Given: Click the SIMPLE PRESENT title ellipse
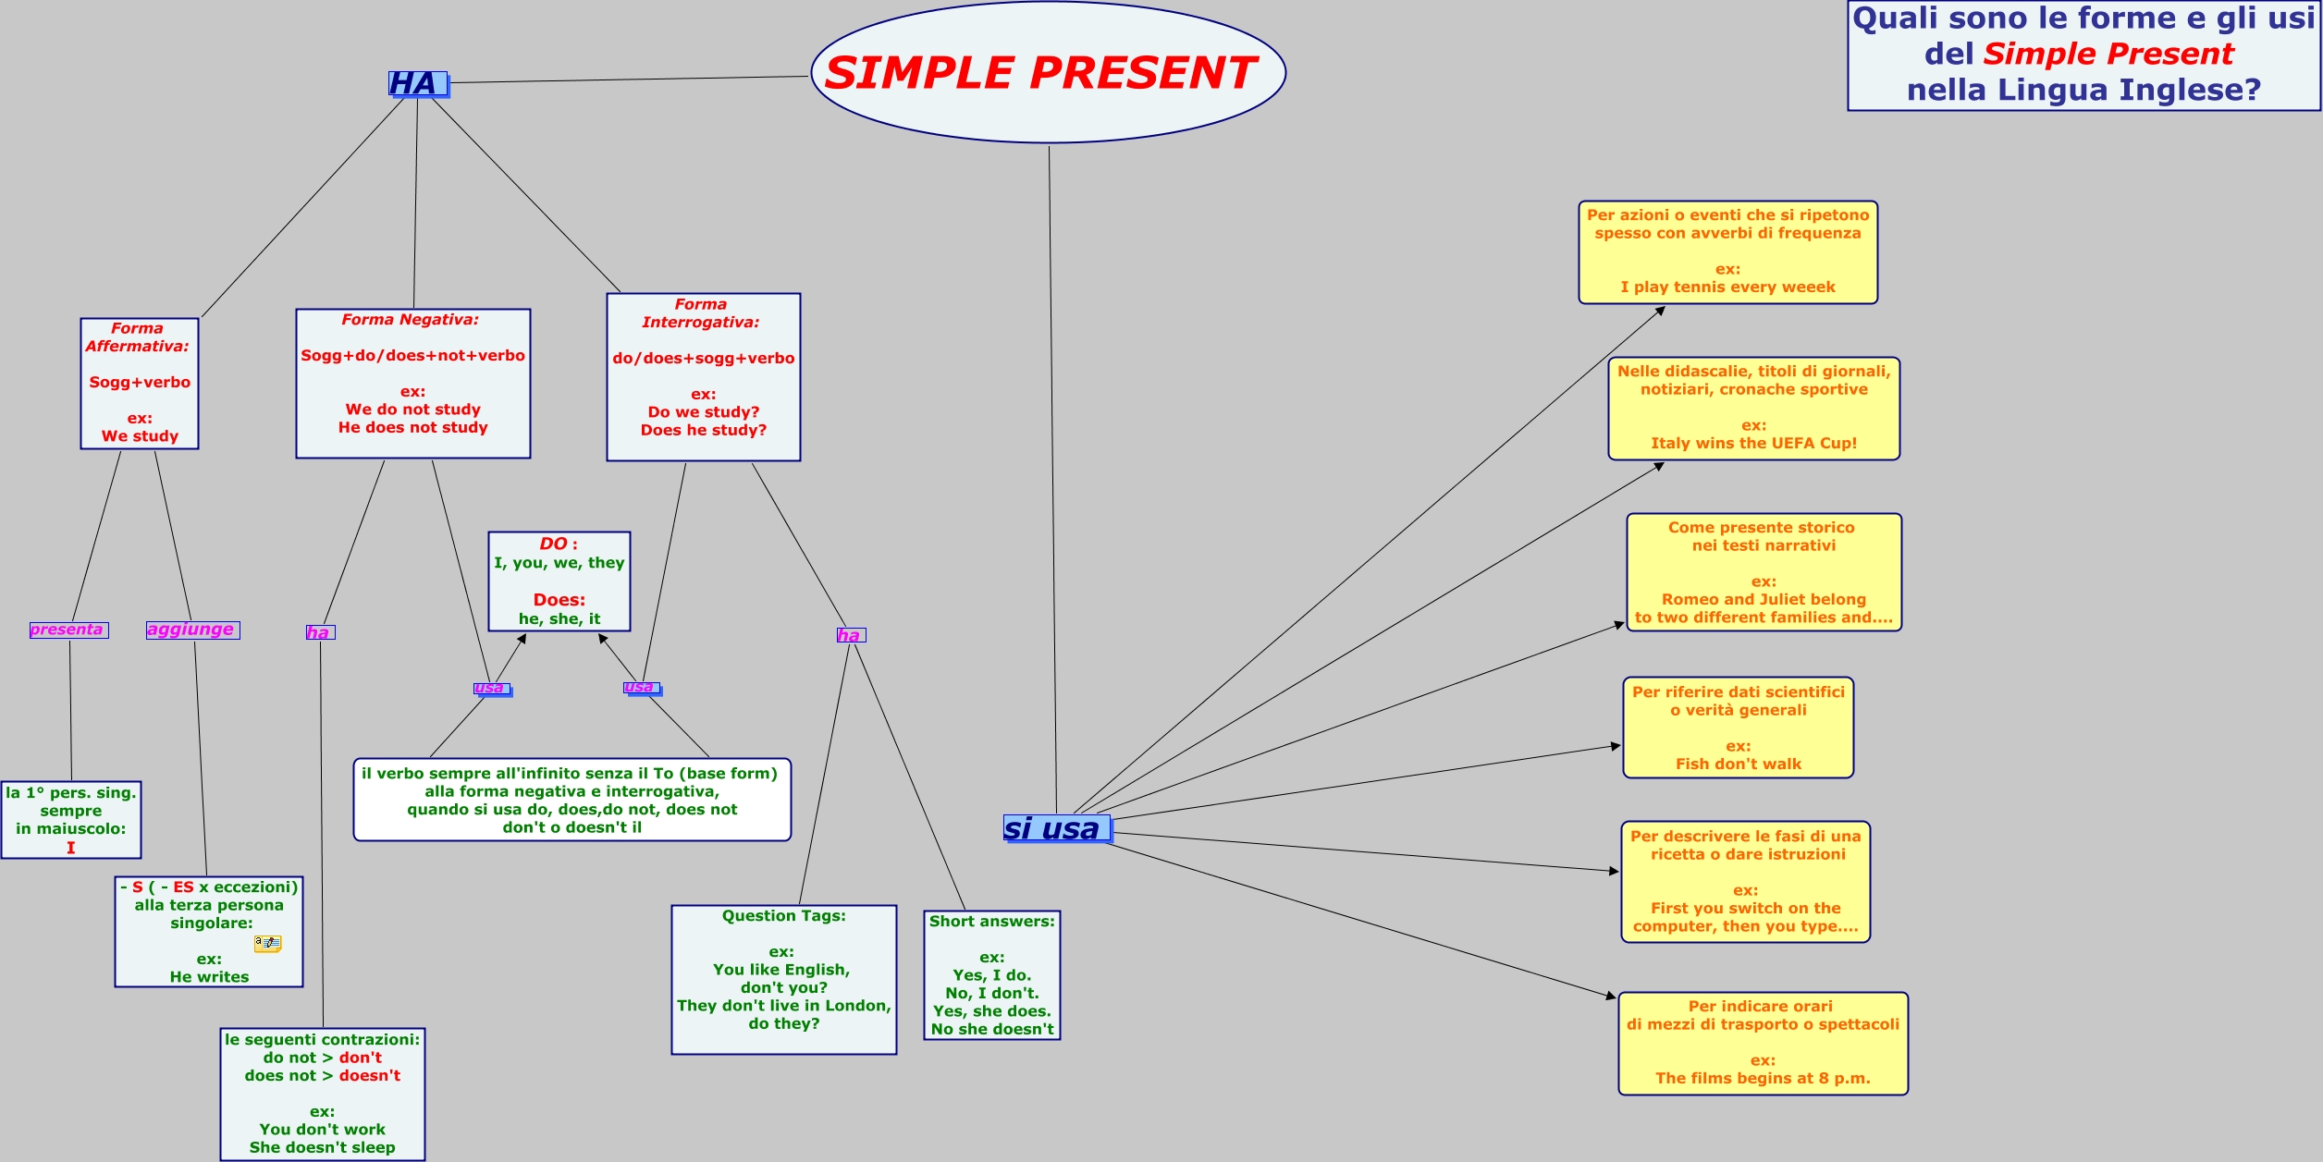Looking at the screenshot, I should click(x=1048, y=72).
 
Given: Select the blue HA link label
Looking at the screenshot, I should click(x=417, y=84).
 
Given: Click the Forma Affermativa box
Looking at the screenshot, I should click(x=140, y=383).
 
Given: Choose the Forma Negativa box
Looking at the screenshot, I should click(x=412, y=383).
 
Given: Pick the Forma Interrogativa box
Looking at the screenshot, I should click(x=703, y=376).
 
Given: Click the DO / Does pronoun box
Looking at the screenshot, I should click(x=559, y=581).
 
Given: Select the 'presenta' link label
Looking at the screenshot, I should click(x=68, y=630).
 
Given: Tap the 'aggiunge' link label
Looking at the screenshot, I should click(x=192, y=630).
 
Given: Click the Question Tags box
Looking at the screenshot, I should click(x=783, y=978).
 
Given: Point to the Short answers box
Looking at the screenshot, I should click(x=991, y=974).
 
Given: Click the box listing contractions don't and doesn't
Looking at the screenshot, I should click(x=322, y=1093).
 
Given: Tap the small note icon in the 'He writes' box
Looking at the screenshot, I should click(x=267, y=943).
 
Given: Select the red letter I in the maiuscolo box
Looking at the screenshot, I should click(x=70, y=848).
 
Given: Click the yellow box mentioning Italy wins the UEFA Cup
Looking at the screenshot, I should click(x=1753, y=408).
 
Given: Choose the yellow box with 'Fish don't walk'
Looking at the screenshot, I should click(x=1738, y=728).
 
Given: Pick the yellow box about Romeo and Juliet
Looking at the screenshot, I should click(x=1764, y=572).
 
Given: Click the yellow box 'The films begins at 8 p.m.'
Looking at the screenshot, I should click(x=1763, y=1043).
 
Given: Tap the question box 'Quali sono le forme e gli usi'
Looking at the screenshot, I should click(x=2083, y=55).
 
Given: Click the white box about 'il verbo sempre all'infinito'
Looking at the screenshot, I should click(x=572, y=800).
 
